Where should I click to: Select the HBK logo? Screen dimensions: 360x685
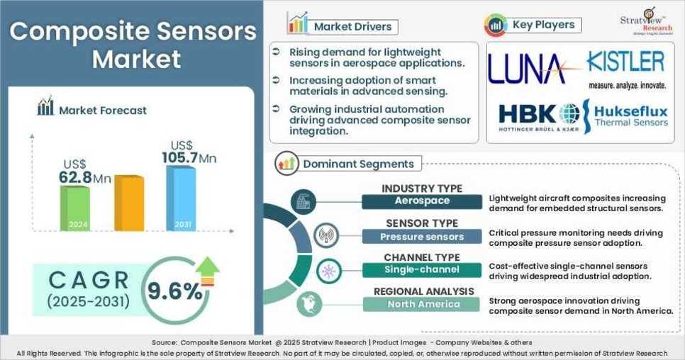click(x=538, y=116)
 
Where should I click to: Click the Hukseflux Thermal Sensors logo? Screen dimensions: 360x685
click(x=626, y=116)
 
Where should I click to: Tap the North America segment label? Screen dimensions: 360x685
click(x=423, y=304)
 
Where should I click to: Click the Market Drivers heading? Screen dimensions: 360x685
click(x=352, y=27)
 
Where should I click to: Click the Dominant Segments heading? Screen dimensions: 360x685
click(x=357, y=164)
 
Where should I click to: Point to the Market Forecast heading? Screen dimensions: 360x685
click(x=102, y=110)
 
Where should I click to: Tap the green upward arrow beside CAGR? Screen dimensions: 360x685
click(x=208, y=270)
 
